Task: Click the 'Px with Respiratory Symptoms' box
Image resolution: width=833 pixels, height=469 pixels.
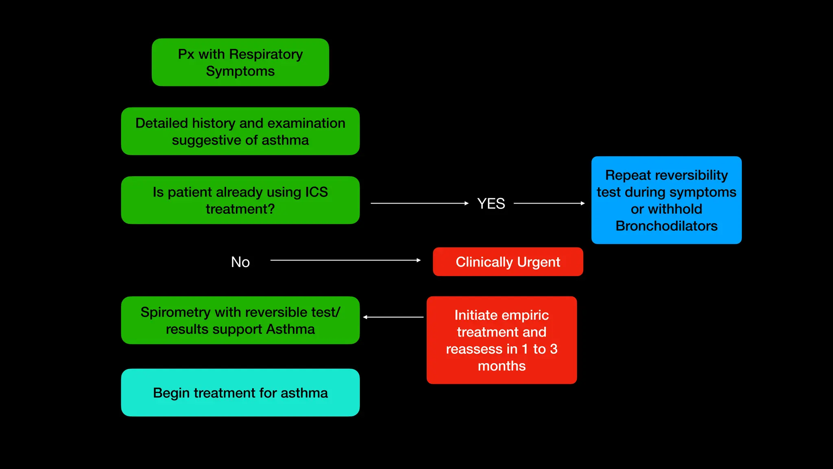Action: coord(240,62)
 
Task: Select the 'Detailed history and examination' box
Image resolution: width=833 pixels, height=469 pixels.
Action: coord(240,131)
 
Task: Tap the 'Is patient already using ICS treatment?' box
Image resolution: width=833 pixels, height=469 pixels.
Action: coord(240,200)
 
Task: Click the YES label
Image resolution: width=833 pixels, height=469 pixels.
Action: coord(491,204)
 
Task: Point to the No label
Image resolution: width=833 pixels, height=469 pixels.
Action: coord(240,262)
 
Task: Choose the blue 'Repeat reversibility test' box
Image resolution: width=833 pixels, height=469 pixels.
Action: coord(666,200)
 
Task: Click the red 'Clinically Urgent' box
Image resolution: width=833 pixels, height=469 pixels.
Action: coord(508,262)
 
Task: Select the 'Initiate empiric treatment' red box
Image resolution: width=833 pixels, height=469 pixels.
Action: coord(502,340)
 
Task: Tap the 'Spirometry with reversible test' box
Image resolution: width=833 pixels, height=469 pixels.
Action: coord(240,320)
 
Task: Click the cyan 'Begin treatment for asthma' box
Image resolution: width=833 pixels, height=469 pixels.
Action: coord(240,392)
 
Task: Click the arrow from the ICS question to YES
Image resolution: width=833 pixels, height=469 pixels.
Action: coord(419,203)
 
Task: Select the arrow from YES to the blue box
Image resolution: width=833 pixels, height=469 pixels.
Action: coord(549,203)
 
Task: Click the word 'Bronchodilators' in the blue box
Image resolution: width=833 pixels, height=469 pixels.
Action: coord(666,226)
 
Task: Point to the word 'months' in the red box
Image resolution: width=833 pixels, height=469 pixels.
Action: coord(502,366)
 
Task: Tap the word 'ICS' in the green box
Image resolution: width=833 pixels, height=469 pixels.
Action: coord(316,192)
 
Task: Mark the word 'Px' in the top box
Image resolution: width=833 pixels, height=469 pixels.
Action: coord(186,54)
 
